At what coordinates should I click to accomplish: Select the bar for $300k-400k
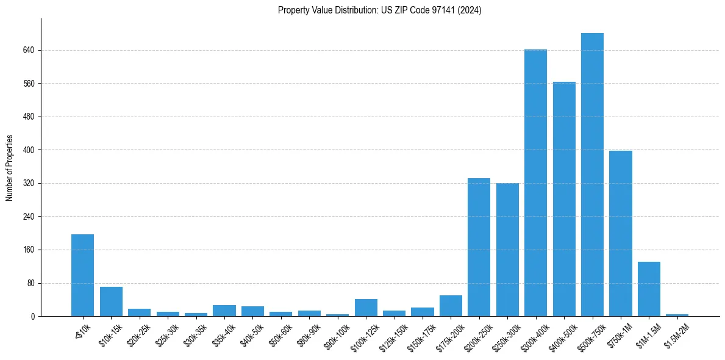pyautogui.click(x=535, y=183)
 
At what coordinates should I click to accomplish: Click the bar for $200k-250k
pyautogui.click(x=479, y=247)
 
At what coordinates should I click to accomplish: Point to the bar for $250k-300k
pyautogui.click(x=507, y=250)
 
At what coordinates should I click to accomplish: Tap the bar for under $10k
pyautogui.click(x=82, y=275)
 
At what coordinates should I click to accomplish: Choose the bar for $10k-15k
pyautogui.click(x=111, y=301)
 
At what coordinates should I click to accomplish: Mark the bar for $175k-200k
pyautogui.click(x=451, y=306)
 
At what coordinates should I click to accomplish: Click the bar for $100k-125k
pyautogui.click(x=366, y=308)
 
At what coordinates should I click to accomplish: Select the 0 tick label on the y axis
pyautogui.click(x=33, y=316)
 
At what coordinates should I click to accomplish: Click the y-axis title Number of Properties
pyautogui.click(x=9, y=168)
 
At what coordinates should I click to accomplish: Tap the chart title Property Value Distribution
pyautogui.click(x=379, y=10)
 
